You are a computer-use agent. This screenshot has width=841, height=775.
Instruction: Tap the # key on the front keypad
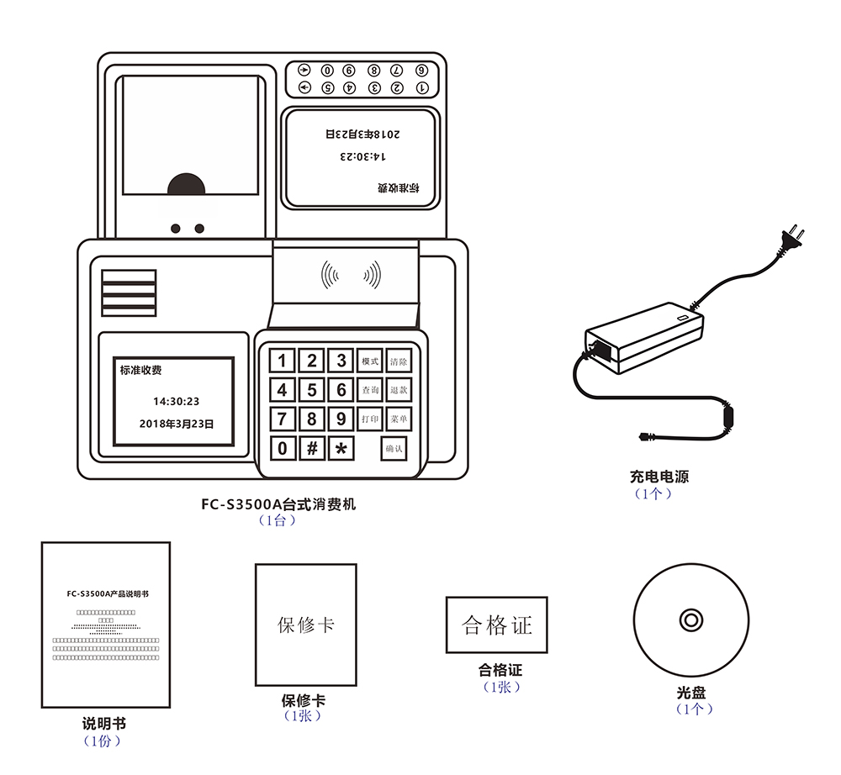(x=311, y=448)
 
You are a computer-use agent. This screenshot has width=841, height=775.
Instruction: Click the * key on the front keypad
(x=341, y=448)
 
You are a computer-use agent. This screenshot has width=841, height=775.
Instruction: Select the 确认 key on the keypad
(x=394, y=449)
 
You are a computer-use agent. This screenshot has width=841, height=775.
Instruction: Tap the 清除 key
(x=399, y=361)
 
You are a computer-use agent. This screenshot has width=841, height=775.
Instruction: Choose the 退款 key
(x=399, y=390)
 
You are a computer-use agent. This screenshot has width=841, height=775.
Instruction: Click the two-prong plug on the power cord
(x=792, y=238)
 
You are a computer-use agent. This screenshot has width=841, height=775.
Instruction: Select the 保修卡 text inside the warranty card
(x=306, y=625)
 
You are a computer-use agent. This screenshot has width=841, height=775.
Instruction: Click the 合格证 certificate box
(x=496, y=625)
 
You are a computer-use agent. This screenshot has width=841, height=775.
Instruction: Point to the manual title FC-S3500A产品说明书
(x=108, y=593)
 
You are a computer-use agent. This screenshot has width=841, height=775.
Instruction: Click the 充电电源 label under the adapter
(x=659, y=477)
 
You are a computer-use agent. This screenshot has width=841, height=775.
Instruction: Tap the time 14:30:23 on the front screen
(x=176, y=401)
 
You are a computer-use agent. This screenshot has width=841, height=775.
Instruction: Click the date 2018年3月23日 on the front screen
(x=176, y=424)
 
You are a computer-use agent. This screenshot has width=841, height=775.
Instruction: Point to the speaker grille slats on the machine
(x=129, y=293)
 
